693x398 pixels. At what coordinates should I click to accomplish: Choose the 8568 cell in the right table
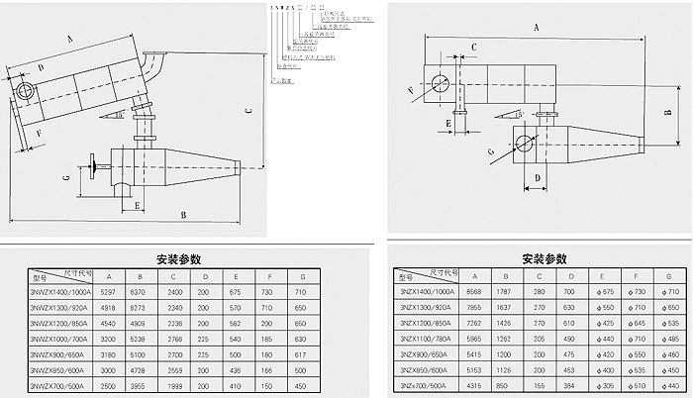[473, 292]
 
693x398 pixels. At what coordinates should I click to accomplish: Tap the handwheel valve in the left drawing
[92, 166]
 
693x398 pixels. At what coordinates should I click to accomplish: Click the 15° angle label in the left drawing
[119, 115]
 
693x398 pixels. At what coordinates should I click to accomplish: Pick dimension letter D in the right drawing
[536, 179]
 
